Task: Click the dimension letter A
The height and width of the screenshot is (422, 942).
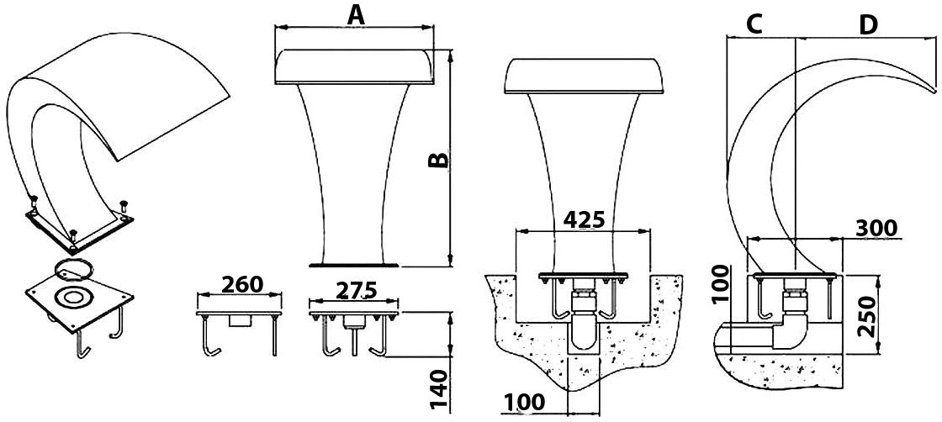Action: pos(357,14)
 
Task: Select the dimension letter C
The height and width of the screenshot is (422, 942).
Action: pos(754,24)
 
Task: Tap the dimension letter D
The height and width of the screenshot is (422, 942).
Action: pos(868,24)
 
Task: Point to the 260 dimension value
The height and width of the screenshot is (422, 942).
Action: pos(243,283)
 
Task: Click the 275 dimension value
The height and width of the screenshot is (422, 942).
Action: pos(356,290)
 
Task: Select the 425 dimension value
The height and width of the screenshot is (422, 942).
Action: pos(584,220)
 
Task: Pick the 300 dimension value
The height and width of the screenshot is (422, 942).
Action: pos(876,228)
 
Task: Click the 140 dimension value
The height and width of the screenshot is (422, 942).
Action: pos(441,389)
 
